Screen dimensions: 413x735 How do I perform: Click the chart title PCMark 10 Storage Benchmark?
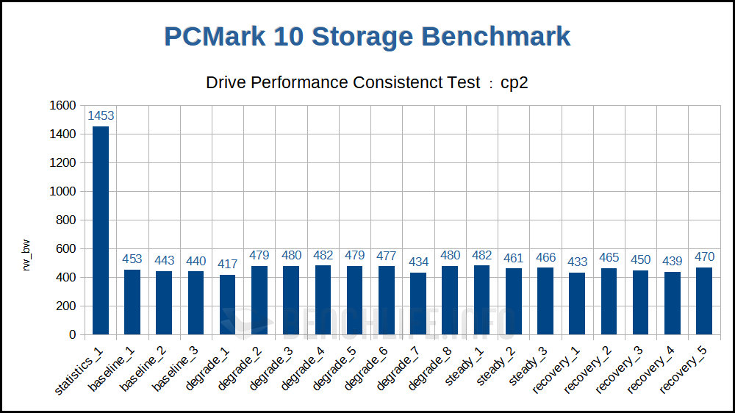(367, 37)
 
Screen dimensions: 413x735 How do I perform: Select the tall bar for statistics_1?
(101, 230)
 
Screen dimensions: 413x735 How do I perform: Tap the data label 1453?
(101, 115)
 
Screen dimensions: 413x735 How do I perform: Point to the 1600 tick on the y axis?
(62, 106)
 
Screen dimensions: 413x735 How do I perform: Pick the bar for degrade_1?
(228, 304)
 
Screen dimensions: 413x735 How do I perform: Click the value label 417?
(228, 264)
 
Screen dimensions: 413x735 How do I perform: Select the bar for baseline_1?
(132, 301)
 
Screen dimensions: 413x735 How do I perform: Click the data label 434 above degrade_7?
(418, 262)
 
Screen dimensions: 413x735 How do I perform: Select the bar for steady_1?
(481, 300)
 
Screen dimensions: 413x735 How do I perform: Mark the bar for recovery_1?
(577, 304)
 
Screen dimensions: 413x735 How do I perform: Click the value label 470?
(704, 256)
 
